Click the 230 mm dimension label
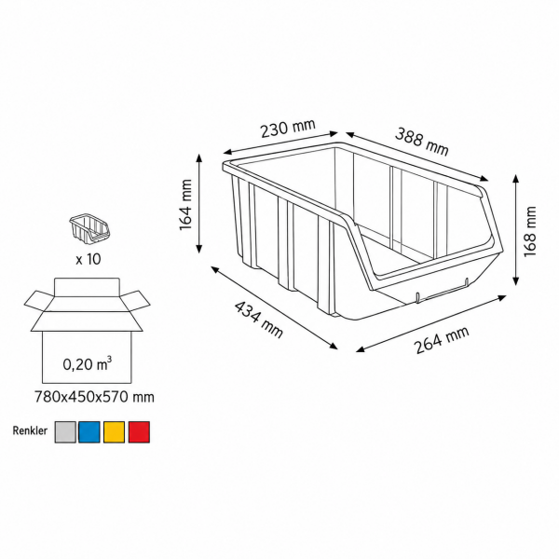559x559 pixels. point(288,128)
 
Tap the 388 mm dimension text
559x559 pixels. point(422,142)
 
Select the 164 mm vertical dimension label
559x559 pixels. point(185,205)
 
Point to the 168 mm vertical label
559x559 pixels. point(530,231)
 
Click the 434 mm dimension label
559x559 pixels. point(258,320)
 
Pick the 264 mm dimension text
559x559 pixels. point(442,340)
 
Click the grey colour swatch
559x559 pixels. point(65,432)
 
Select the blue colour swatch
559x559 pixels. point(89,432)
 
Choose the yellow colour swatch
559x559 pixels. point(114,432)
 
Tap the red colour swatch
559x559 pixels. point(139,432)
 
